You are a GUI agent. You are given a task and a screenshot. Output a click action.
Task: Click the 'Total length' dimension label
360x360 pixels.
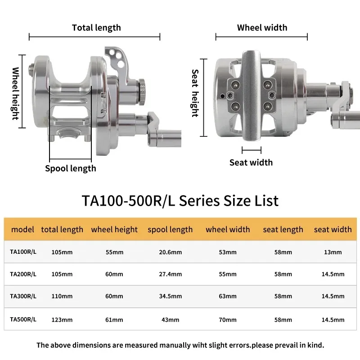[96, 28]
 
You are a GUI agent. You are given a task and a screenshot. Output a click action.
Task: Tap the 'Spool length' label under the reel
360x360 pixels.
[71, 168]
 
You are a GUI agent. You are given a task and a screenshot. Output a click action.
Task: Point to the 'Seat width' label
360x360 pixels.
[251, 162]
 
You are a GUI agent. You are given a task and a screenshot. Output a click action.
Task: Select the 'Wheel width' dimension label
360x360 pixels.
[262, 27]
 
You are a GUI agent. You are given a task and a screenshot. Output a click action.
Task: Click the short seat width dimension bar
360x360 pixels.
[252, 150]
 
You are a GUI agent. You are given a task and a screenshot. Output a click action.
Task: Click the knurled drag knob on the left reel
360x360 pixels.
[141, 92]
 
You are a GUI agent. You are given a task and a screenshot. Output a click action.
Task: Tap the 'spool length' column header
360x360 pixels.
[170, 229]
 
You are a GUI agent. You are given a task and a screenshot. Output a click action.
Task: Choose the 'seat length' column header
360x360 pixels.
[283, 229]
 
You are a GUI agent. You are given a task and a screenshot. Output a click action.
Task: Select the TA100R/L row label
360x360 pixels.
[23, 252]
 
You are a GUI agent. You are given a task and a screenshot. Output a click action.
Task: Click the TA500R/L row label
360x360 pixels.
[23, 319]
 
